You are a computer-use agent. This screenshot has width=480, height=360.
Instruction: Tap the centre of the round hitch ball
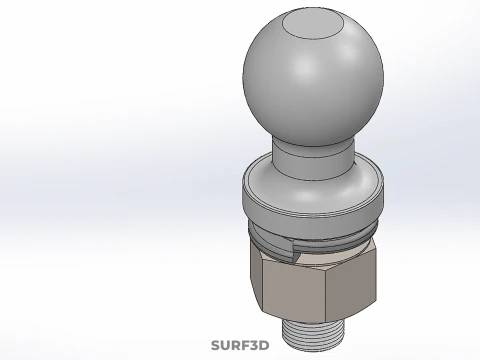pos(313,75)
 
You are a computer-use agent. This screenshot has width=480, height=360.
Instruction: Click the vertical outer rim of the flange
pos(311,208)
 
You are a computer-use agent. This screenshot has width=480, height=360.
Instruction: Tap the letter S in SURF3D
pos(215,346)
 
